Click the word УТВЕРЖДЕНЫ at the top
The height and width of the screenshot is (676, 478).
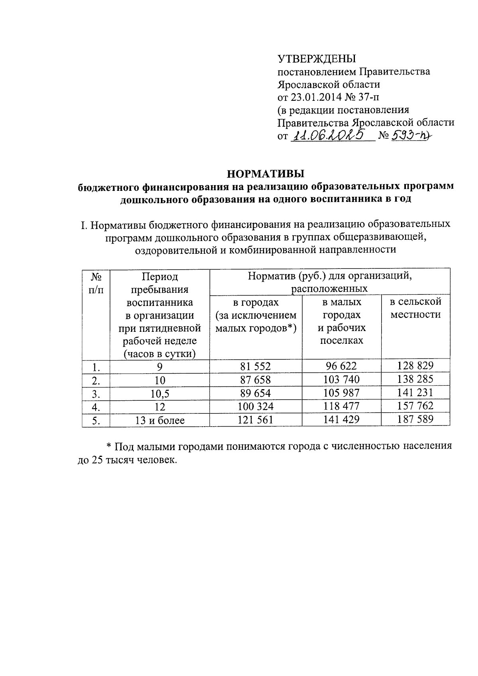(317, 59)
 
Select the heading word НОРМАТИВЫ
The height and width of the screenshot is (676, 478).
(265, 174)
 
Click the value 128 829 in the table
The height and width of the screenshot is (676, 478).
(415, 366)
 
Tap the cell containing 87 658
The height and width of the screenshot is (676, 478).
(255, 380)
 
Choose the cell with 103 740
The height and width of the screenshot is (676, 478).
(341, 380)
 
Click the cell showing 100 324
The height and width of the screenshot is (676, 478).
(255, 407)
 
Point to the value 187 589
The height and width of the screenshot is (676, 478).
(415, 419)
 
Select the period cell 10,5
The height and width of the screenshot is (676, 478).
(160, 394)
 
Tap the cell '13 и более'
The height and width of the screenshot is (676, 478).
(160, 420)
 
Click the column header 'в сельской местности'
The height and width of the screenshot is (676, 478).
(415, 308)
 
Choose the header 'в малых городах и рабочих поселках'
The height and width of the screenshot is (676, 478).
(341, 321)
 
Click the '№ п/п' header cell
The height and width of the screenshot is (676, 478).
(96, 283)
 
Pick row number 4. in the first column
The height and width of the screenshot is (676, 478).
(96, 407)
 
